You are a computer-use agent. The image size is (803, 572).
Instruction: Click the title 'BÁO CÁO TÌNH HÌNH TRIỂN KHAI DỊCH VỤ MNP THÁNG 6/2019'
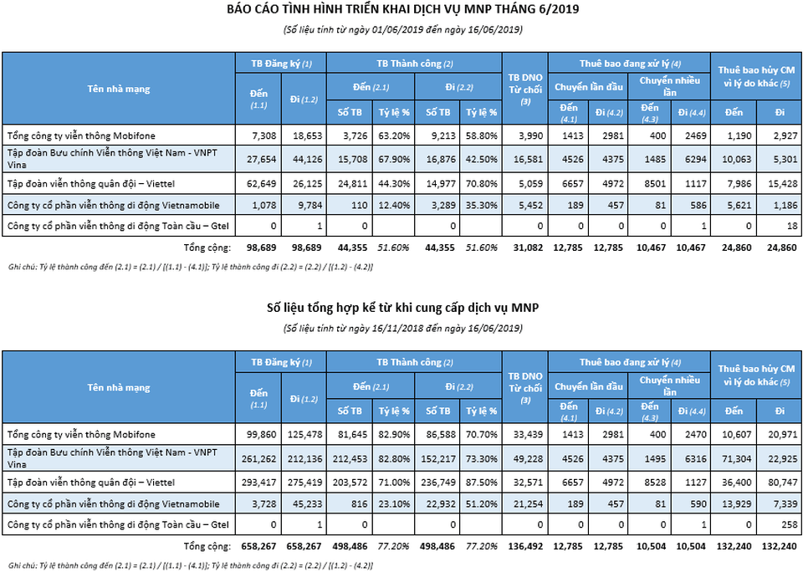tap(402, 10)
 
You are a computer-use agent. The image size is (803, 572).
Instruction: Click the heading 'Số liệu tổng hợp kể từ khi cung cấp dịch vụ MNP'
tap(402, 308)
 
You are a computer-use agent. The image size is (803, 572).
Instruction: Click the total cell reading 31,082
tap(526, 248)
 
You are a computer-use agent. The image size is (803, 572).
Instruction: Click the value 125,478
tap(304, 435)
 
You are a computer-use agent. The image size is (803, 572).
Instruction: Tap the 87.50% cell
tap(482, 482)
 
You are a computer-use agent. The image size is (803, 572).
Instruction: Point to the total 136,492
tap(524, 547)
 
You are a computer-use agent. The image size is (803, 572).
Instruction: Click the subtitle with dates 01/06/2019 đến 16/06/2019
tap(402, 29)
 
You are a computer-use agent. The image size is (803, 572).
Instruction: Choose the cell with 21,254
tap(526, 503)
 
